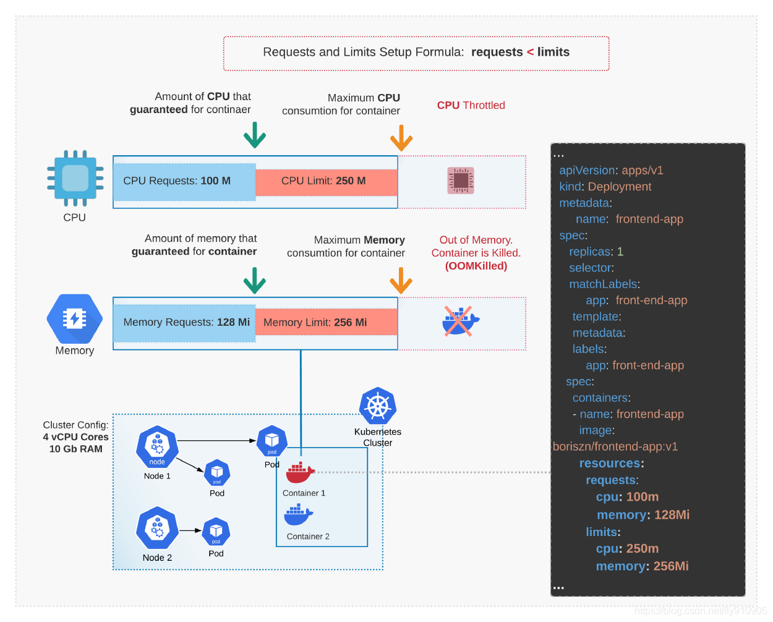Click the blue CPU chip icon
(75, 179)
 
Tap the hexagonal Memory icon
(75, 318)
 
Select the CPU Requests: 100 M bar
(184, 182)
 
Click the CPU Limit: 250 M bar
(327, 182)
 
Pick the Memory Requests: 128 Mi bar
(184, 323)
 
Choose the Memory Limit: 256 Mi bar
(327, 323)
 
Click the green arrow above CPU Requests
(254, 135)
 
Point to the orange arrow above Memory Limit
(401, 281)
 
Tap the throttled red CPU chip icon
(461, 181)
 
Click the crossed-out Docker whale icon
(459, 322)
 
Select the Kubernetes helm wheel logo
(378, 406)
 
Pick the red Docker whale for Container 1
(300, 473)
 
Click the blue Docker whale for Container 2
(299, 514)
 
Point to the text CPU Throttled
(471, 106)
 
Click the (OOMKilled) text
(476, 266)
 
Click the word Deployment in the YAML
(620, 187)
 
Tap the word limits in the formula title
(553, 53)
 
